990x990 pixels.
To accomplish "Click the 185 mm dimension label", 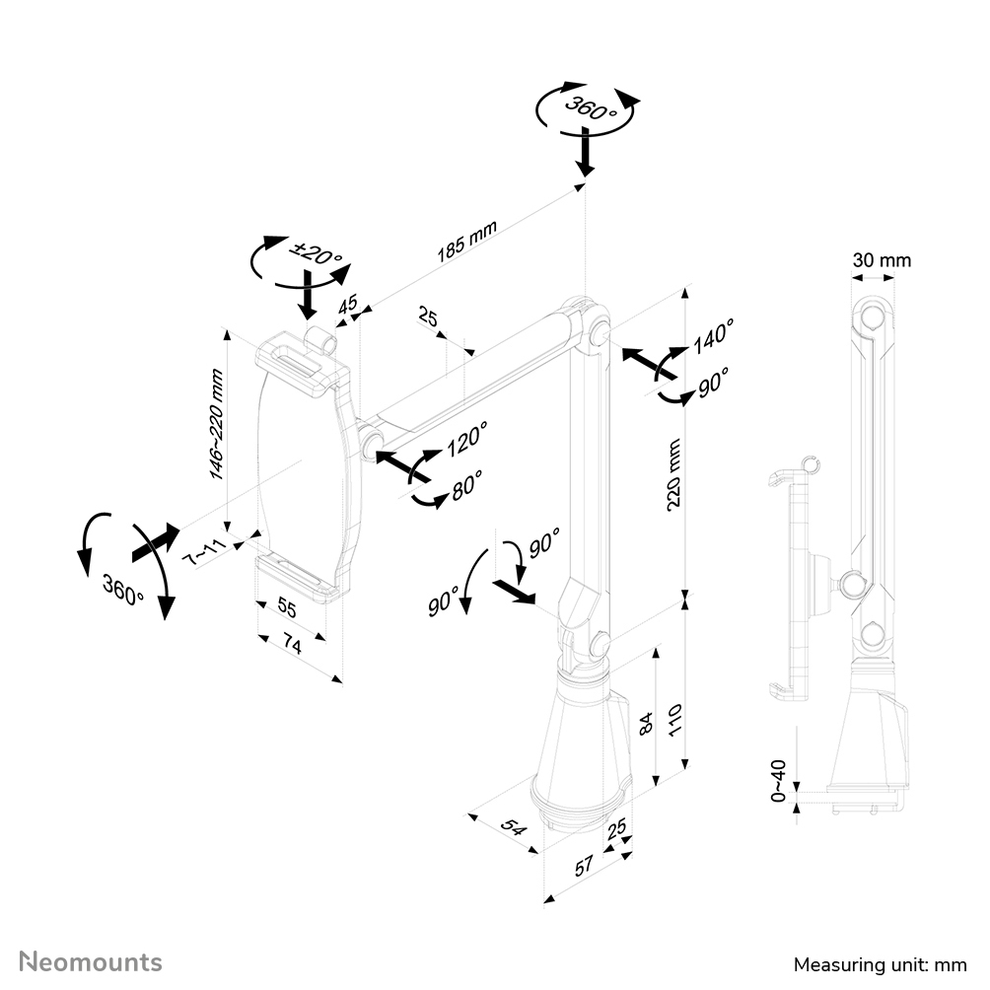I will (466, 241).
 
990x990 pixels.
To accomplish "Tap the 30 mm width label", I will (883, 260).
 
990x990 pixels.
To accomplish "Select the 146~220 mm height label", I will (217, 425).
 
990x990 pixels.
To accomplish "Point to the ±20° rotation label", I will (318, 255).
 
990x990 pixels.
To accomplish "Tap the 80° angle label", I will (465, 485).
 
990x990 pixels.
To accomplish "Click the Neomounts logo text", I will (91, 960).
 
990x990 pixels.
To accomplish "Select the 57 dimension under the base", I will (584, 866).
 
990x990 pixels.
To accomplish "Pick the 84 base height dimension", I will (646, 722).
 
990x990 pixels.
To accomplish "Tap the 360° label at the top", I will (590, 107).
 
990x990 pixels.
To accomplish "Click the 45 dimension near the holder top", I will (348, 305).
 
